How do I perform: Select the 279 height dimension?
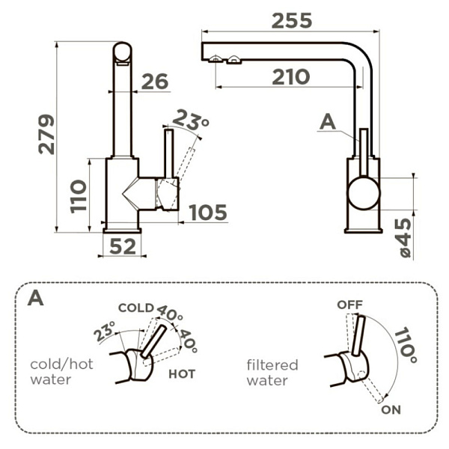click(46, 134)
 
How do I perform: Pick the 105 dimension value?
click(207, 213)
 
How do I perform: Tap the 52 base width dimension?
click(122, 245)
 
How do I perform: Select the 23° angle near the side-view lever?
click(191, 119)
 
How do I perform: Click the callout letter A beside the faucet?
click(327, 121)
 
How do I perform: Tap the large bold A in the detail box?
click(34, 298)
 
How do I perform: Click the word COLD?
click(135, 308)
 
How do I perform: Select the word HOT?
click(182, 374)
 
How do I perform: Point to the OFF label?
click(349, 305)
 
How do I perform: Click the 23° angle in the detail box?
click(105, 330)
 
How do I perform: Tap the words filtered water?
click(272, 373)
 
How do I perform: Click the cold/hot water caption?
click(61, 372)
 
